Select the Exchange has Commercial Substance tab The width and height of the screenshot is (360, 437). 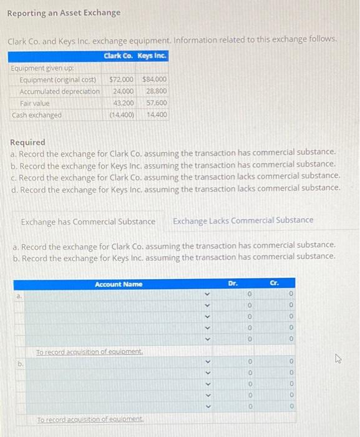[x=88, y=221]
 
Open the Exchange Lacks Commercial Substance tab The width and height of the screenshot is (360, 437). [x=243, y=220]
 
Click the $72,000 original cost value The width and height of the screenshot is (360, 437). [x=122, y=80]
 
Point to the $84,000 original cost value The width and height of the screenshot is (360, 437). [x=154, y=80]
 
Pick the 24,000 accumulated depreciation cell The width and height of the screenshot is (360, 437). [x=124, y=91]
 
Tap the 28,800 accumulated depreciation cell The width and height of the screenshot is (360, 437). [x=156, y=91]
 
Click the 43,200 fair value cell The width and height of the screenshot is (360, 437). [x=124, y=103]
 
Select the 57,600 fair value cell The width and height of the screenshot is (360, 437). [x=156, y=103]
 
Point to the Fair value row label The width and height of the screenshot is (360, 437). [x=35, y=103]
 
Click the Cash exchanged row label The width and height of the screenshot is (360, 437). [x=37, y=115]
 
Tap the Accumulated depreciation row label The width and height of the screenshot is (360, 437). [x=59, y=91]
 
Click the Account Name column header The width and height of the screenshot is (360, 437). [x=119, y=284]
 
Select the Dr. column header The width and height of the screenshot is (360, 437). [x=233, y=283]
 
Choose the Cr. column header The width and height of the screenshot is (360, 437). [x=273, y=283]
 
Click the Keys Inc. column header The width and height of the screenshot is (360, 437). [x=152, y=56]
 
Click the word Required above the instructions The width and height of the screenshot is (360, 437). [x=27, y=142]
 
